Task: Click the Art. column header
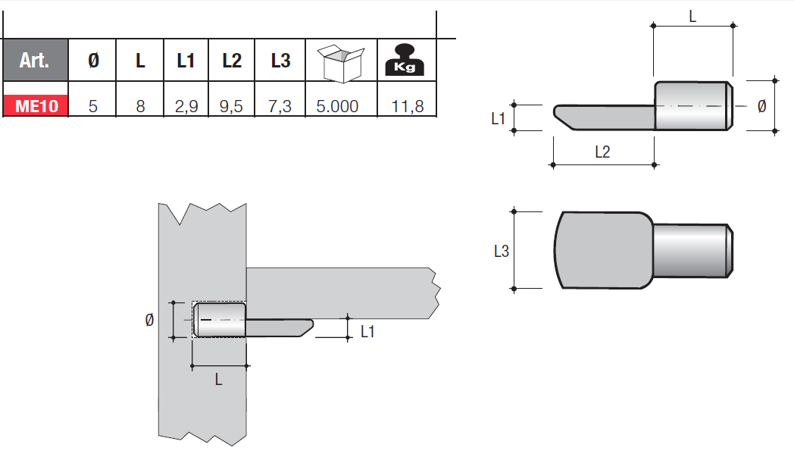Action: click(x=34, y=61)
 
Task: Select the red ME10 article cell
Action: click(x=34, y=105)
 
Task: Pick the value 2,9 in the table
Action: click(x=186, y=105)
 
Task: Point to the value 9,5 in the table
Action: click(x=232, y=105)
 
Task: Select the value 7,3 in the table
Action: click(x=280, y=105)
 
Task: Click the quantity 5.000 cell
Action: click(x=337, y=105)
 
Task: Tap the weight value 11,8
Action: click(x=408, y=105)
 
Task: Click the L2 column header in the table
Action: click(x=232, y=61)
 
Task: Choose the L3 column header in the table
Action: click(x=280, y=61)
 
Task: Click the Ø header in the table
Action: click(x=93, y=61)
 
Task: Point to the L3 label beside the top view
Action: click(x=501, y=251)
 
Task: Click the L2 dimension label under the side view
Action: click(x=602, y=152)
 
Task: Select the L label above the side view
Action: click(x=692, y=14)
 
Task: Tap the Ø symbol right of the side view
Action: click(x=761, y=106)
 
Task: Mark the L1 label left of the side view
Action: click(x=498, y=118)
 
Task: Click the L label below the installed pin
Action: click(x=219, y=380)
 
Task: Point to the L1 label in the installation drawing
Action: click(x=367, y=331)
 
